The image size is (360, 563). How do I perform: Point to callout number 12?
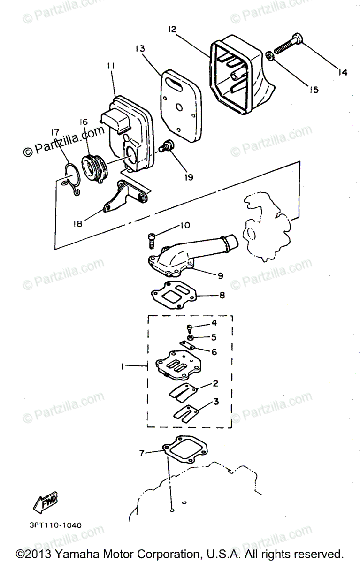(x=172, y=30)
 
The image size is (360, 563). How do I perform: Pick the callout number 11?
(x=111, y=67)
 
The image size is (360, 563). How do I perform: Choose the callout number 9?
(x=220, y=275)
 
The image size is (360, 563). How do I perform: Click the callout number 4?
(x=214, y=323)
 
